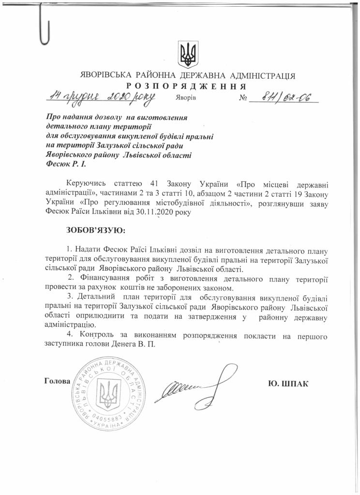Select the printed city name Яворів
pos(186,98)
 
